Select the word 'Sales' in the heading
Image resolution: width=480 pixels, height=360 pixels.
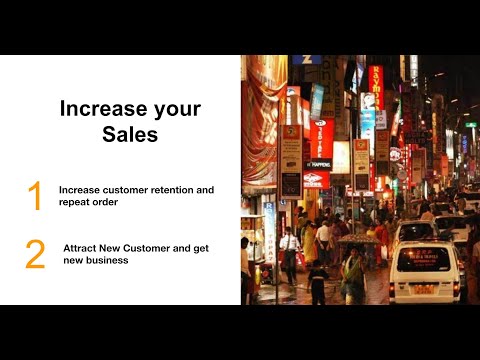[130, 135]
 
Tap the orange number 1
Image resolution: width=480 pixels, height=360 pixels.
[35, 196]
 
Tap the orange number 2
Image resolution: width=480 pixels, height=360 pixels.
[35, 254]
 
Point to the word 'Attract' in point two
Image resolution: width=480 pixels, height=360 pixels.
[81, 246]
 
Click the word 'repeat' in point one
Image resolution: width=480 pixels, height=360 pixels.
[75, 201]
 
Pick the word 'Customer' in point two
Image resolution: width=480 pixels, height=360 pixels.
[155, 246]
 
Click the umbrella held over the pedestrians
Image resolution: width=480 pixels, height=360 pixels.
[353, 240]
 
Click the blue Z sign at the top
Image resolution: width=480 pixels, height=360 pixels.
[306, 60]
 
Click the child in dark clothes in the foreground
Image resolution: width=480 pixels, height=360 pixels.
[318, 282]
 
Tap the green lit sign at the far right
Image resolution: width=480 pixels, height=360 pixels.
[471, 125]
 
